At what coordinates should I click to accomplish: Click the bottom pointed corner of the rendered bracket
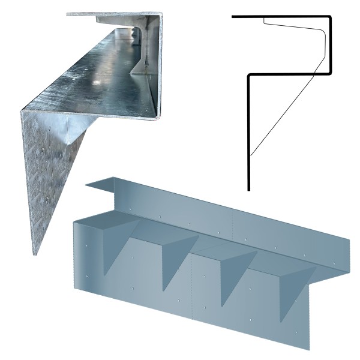click(310, 349)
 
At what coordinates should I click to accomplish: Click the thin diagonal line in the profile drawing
click(282, 114)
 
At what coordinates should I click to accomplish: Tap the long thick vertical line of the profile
click(248, 132)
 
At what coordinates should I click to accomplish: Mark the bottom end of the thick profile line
click(248, 189)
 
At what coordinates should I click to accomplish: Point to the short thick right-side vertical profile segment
click(331, 45)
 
